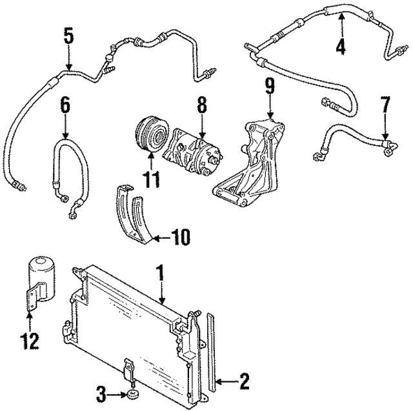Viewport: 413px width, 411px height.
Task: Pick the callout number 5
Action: coord(69,35)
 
